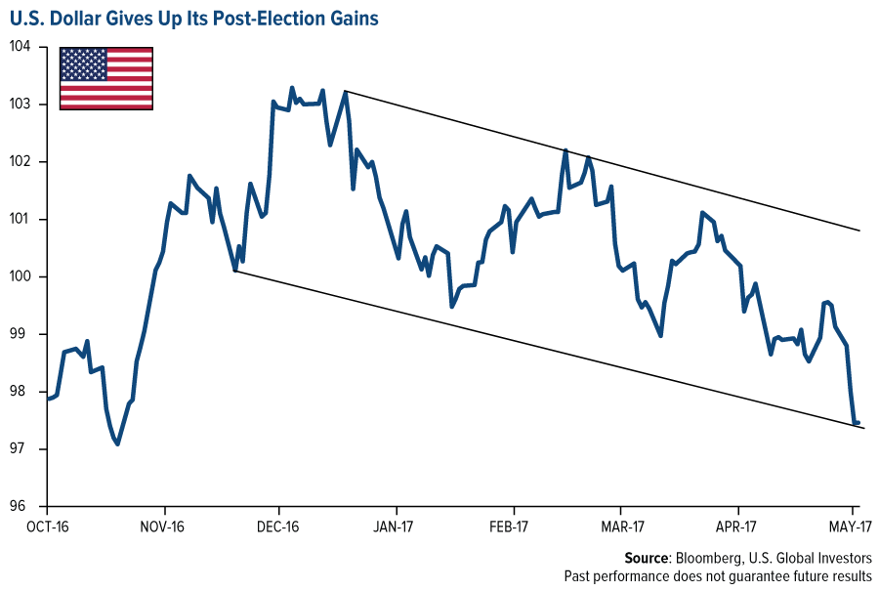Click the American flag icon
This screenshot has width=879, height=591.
point(106,78)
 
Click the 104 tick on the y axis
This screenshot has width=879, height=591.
point(21,47)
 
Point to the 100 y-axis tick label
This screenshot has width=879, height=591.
point(21,277)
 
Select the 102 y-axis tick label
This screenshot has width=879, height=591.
point(21,162)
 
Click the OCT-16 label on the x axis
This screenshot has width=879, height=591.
point(47,528)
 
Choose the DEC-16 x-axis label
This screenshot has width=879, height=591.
point(278,528)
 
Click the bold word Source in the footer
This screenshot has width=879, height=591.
point(645,558)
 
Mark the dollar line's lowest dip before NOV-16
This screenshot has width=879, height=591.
point(117,444)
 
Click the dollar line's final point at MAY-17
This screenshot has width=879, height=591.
point(858,423)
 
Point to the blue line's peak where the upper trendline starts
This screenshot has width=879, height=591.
point(346,92)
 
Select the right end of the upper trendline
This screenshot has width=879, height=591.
point(859,231)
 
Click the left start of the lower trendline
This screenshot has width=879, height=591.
point(235,271)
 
